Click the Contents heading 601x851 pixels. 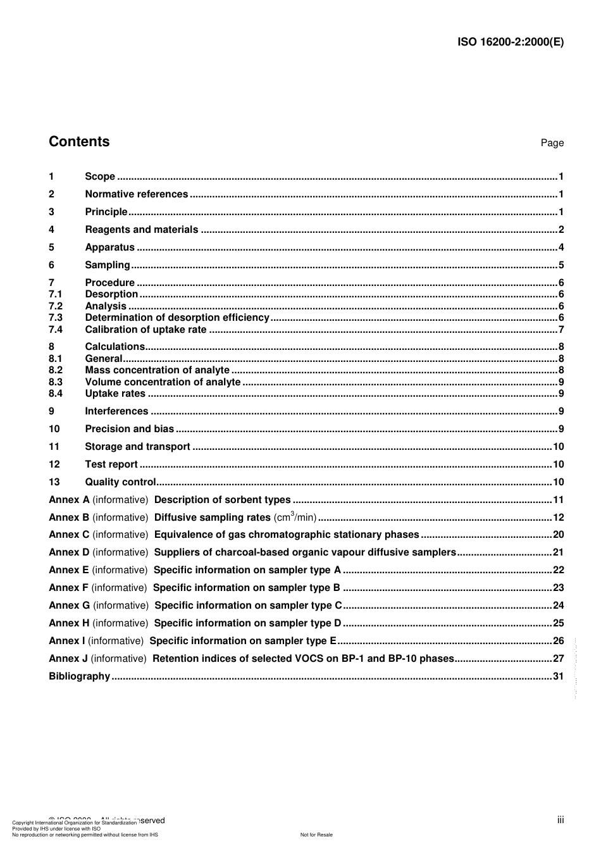tap(79, 142)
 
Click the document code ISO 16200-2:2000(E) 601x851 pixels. tap(510, 42)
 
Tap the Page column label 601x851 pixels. tap(552, 143)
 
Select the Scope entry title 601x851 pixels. tap(100, 177)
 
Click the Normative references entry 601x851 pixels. tap(136, 194)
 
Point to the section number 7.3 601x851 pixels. tap(56, 318)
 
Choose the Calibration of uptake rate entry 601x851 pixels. tap(146, 330)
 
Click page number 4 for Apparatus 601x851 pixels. tap(561, 247)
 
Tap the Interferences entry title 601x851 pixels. tap(116, 411)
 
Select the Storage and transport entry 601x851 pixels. tap(137, 447)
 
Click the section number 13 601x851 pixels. tap(54, 482)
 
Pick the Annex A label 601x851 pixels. tap(69, 500)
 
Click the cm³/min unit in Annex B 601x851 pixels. tap(295, 517)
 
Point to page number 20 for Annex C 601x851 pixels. tap(558, 535)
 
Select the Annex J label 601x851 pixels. tap(68, 659)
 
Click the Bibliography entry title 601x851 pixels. tap(79, 676)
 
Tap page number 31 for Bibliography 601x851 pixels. tap(558, 676)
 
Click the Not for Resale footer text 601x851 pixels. tap(316, 835)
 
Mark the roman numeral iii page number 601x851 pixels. tap(561, 820)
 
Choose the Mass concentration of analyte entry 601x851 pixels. tap(157, 370)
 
